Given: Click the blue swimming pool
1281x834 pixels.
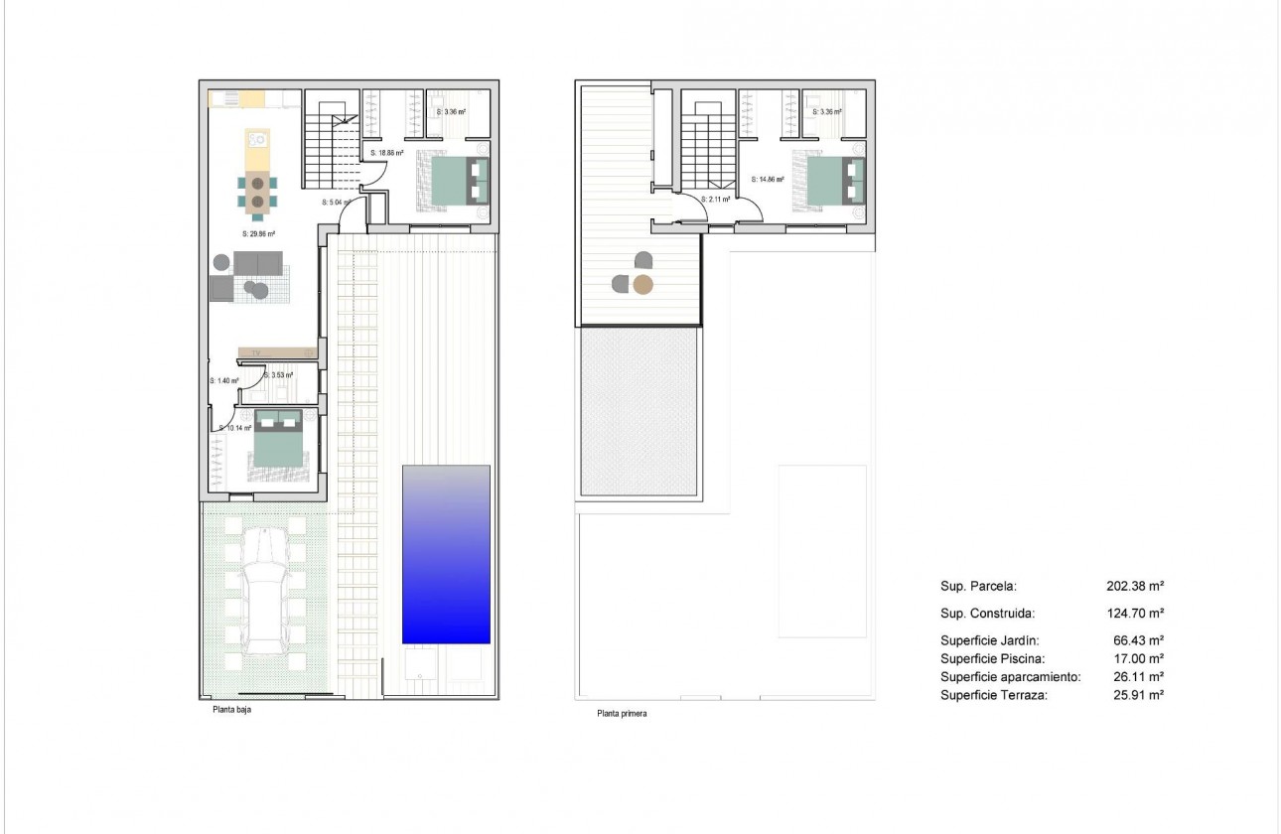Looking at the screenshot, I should (x=446, y=553).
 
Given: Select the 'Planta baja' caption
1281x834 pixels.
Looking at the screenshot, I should (x=231, y=710).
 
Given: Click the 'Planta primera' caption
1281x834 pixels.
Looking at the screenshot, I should (x=622, y=713).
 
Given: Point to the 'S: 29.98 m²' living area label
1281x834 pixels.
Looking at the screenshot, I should (x=258, y=234).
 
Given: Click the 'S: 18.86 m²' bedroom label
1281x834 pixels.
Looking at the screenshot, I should (x=386, y=154).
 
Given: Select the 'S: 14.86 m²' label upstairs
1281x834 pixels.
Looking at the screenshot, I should (x=768, y=181).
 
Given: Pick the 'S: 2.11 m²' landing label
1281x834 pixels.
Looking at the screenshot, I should (x=716, y=200).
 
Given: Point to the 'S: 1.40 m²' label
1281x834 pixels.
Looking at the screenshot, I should (x=224, y=380).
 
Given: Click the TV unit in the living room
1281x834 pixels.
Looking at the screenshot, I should (x=277, y=352).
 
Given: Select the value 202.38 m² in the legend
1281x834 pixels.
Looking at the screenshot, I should (x=1135, y=586).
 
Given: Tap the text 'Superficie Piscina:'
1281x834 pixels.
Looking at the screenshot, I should (x=992, y=658).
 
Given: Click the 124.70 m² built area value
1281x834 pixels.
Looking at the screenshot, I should (x=1135, y=614).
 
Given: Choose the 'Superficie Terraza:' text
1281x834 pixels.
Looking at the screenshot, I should (x=994, y=695).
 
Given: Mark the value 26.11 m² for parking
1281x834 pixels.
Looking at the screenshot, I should (x=1138, y=676).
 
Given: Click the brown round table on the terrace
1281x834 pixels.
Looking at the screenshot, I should (x=643, y=286).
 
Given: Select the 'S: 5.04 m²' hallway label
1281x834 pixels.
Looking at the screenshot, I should (x=337, y=202).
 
